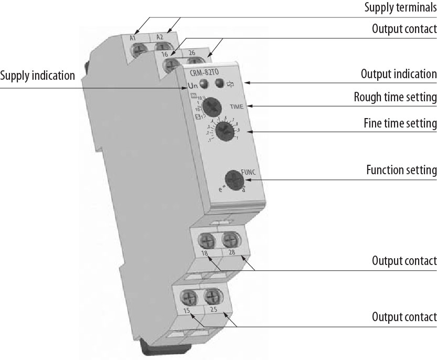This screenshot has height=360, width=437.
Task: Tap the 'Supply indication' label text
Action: [x=38, y=76]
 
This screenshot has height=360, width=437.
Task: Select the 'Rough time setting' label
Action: [x=395, y=97]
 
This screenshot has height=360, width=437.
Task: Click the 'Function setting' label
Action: [x=401, y=170]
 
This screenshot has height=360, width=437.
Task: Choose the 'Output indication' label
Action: [x=399, y=74]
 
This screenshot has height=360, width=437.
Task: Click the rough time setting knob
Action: [x=211, y=107]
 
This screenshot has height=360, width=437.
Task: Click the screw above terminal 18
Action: [x=205, y=241]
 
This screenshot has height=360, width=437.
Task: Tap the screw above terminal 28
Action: [x=229, y=240]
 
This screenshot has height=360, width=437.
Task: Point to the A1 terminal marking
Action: [x=133, y=38]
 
